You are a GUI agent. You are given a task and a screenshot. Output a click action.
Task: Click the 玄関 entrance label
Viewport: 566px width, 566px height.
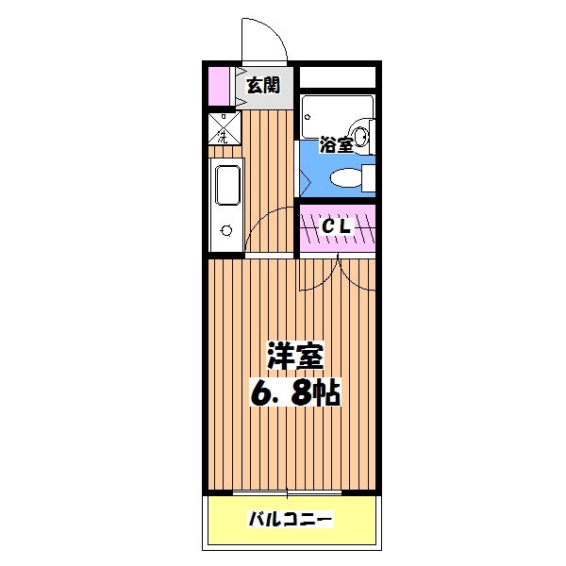tap(263, 86)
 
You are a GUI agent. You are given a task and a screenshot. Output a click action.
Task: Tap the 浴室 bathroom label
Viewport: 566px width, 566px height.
tap(337, 145)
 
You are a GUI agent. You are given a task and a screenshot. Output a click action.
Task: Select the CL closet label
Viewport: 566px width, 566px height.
tap(338, 227)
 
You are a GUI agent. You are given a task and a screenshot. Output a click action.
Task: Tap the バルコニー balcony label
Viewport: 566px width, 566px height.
tap(291, 519)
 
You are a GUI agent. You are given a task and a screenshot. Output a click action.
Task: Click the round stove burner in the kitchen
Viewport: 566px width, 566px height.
tap(225, 229)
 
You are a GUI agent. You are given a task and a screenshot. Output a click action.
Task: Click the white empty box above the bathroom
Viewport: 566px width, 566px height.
tap(340, 75)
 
